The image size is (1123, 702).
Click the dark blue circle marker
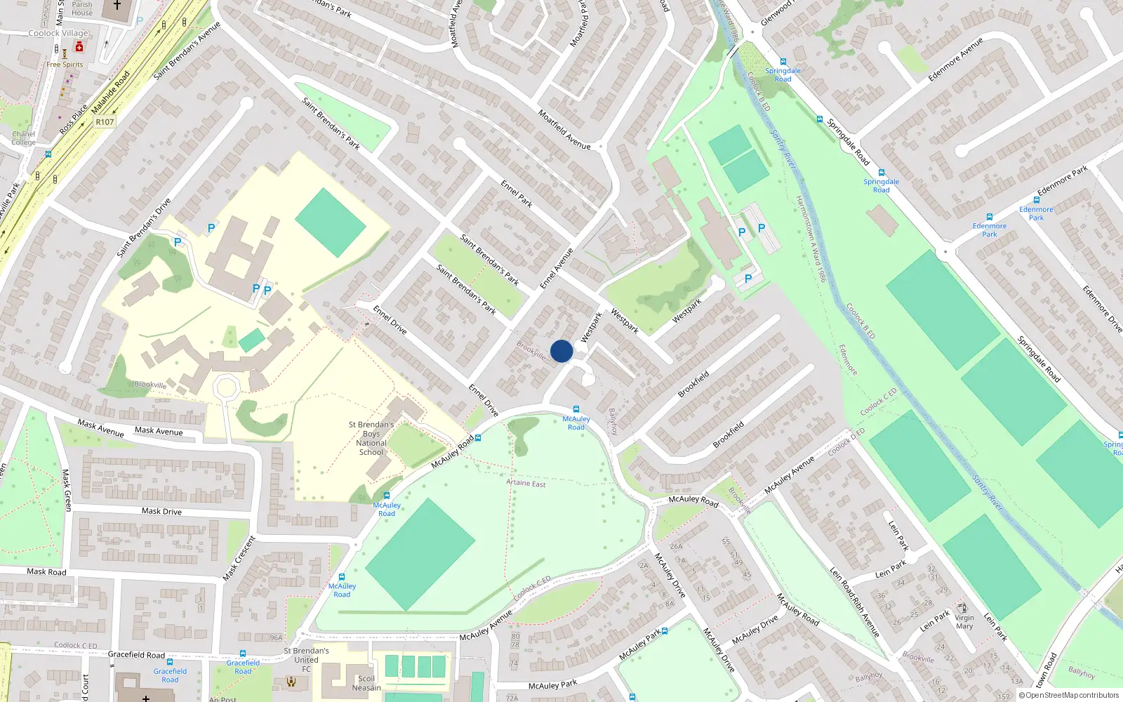[x=561, y=351]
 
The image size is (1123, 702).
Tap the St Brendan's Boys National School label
[x=371, y=439]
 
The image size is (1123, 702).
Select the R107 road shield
[x=105, y=122]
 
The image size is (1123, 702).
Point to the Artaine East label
[x=526, y=483]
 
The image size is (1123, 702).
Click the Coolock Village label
[x=58, y=33]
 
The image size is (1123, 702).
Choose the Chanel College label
[x=23, y=138]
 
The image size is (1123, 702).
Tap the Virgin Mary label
[x=964, y=622]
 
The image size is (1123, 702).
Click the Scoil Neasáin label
[x=366, y=683]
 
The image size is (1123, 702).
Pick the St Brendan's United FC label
[x=306, y=660]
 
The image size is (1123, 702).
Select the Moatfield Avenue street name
[x=564, y=129]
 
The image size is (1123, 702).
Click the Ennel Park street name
[x=517, y=194]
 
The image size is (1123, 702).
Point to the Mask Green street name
[x=67, y=490]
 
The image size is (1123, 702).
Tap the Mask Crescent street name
[x=239, y=558]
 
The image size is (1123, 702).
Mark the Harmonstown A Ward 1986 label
[x=811, y=239]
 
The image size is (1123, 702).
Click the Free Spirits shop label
[x=65, y=65]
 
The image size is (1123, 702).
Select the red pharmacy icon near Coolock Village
[x=79, y=47]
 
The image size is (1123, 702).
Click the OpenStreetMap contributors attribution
[x=1069, y=695]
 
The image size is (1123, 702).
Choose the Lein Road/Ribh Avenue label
[x=854, y=602]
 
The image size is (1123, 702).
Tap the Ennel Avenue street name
[x=557, y=268]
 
